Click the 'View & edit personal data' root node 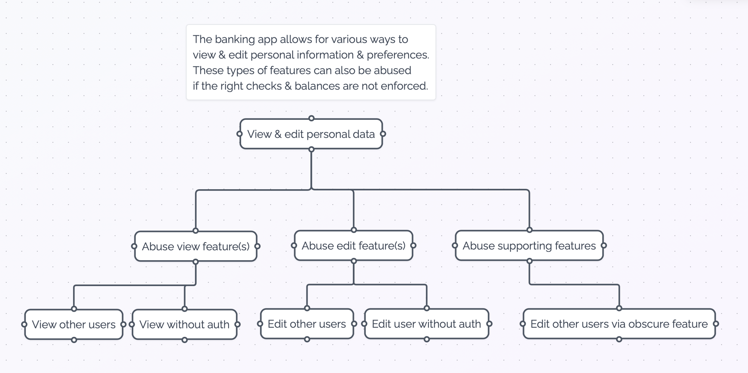[x=311, y=134]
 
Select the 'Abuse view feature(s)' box [x=195, y=246]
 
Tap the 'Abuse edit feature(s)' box [x=353, y=246]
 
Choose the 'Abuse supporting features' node [x=529, y=246]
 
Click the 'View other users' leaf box [x=73, y=324]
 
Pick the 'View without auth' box [x=184, y=324]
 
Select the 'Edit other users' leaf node [x=306, y=324]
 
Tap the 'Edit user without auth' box [x=426, y=324]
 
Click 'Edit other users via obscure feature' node [x=619, y=324]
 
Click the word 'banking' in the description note [x=235, y=39]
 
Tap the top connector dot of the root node [x=311, y=118]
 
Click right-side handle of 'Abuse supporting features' [x=604, y=246]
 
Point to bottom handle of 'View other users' [x=74, y=340]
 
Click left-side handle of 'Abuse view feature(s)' [x=134, y=246]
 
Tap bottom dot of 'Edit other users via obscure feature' [x=619, y=339]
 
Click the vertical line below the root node [x=311, y=170]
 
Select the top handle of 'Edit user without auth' [x=427, y=308]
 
